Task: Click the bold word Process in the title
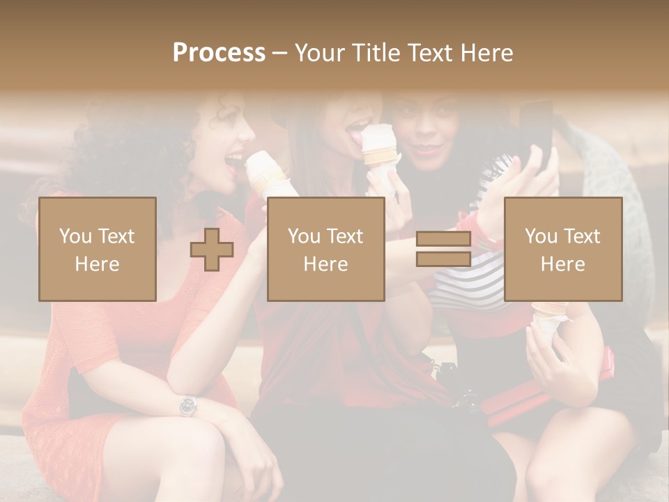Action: tap(219, 52)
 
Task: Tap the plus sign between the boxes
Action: tap(212, 250)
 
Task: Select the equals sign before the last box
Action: tap(443, 250)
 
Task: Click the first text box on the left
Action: tap(98, 250)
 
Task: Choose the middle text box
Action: tap(326, 250)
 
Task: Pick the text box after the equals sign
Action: tap(563, 250)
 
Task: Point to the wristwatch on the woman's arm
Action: tap(187, 405)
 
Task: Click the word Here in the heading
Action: tap(487, 52)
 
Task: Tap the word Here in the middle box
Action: tap(326, 264)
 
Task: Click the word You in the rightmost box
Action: tap(541, 236)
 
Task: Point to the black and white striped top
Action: tap(467, 286)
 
